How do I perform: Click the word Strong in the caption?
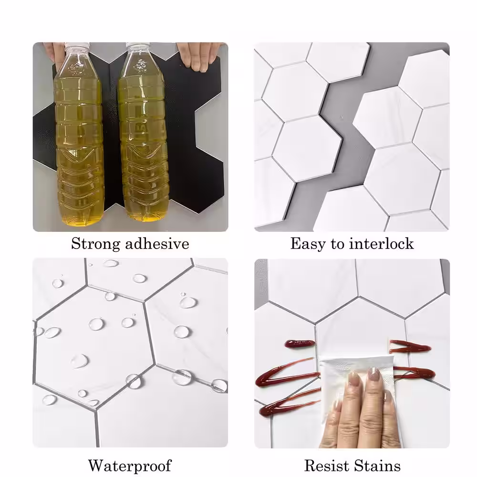(95, 244)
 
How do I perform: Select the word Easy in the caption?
(308, 244)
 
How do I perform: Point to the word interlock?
(382, 243)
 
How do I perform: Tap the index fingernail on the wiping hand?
(353, 379)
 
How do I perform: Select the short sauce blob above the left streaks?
(300, 344)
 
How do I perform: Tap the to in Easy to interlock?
(337, 244)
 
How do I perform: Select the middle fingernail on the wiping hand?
(373, 373)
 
